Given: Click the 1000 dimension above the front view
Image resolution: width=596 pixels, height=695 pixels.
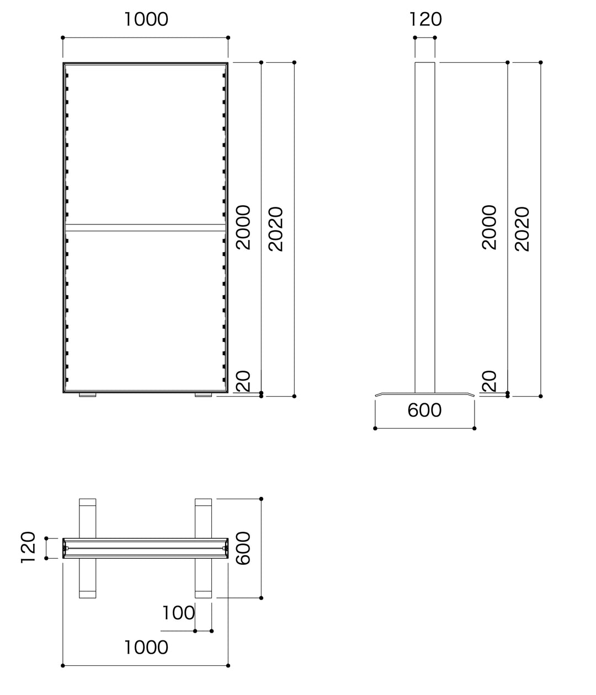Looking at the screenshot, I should point(146,19).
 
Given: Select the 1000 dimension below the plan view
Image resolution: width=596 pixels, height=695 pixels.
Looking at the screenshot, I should point(146,647).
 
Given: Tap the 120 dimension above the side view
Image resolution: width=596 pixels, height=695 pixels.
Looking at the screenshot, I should point(425,19).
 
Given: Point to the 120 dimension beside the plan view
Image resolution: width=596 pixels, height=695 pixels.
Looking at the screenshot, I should point(28,547).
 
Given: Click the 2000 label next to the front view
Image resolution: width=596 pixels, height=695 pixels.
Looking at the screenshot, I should point(243,227).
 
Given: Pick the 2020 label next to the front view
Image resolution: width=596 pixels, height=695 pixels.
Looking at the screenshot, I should point(275,229).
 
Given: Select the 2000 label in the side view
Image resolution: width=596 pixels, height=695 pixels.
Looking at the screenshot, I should point(489,227).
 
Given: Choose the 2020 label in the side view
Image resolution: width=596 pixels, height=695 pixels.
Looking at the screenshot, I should point(521,229).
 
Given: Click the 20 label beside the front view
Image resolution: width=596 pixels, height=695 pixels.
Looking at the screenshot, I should point(243,381).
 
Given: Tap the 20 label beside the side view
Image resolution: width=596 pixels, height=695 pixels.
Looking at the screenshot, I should point(489,381).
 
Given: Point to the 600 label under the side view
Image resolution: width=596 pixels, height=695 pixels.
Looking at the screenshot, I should point(424,410).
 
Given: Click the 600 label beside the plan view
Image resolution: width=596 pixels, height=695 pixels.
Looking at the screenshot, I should point(243,548).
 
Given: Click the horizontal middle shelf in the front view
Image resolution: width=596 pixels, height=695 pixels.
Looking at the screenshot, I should point(146,227).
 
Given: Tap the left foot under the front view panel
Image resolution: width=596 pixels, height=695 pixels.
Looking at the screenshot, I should point(88,395).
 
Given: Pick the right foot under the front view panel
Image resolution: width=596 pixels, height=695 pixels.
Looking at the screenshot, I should point(203,395).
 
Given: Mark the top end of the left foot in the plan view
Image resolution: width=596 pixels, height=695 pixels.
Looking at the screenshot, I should point(88,503).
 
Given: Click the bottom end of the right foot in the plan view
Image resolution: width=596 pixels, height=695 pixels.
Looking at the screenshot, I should point(203,594).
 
